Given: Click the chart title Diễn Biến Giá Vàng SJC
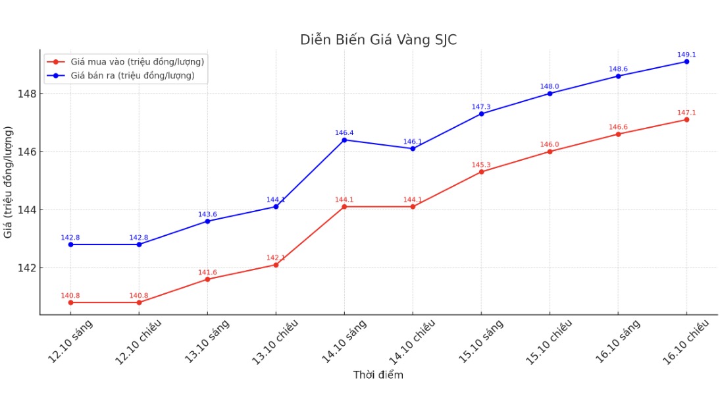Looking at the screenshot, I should tap(378, 40).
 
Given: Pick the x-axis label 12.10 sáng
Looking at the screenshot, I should tap(70, 341).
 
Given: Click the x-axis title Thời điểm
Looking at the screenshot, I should tap(378, 375).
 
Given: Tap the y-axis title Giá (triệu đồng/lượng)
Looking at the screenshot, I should tap(9, 182).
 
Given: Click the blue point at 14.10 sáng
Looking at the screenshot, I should tap(344, 140).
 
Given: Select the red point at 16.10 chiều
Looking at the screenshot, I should tap(686, 119).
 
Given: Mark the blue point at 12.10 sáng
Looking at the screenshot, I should tap(70, 244).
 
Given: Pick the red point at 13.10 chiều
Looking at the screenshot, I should tap(276, 265).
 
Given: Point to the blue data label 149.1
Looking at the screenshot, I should tap(686, 55).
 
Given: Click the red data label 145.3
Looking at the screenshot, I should tap(481, 165).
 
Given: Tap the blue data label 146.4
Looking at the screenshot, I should tap(344, 133).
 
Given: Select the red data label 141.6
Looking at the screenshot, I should tap(207, 272).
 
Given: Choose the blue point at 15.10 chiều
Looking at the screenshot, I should tap(550, 94).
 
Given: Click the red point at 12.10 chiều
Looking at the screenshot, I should tap(139, 302).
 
